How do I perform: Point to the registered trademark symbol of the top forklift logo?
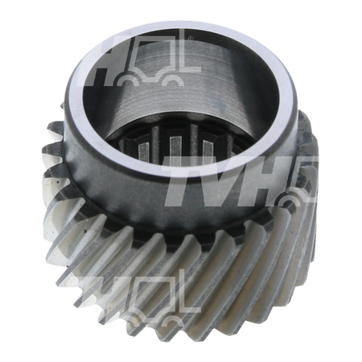(x=191, y=39)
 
